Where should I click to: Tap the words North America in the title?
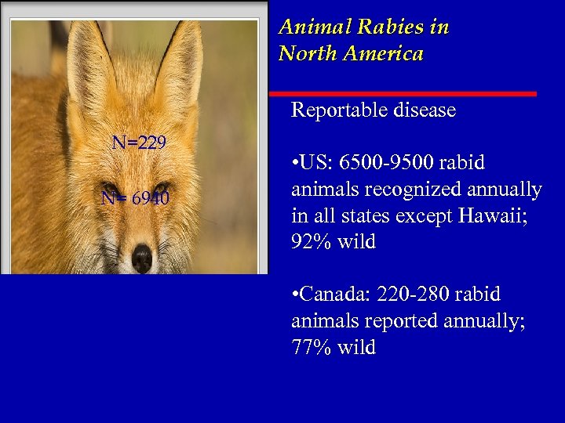[351, 54]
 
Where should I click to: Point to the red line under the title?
[408, 94]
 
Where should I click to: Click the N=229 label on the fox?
[139, 143]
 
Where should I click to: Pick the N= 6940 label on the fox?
[135, 198]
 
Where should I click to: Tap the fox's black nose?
[142, 258]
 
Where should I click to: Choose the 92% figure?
[310, 243]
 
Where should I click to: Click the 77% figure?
[310, 348]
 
